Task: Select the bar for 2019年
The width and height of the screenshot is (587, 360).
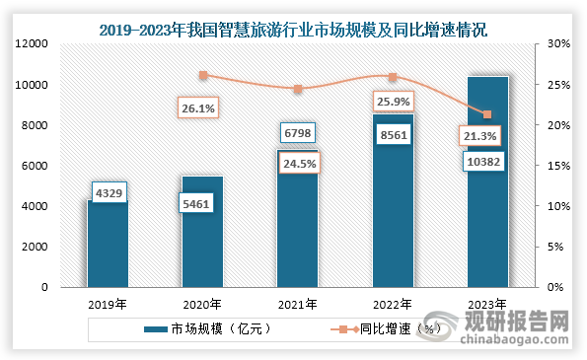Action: point(108,247)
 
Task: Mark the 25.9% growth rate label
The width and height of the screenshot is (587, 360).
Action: point(392,102)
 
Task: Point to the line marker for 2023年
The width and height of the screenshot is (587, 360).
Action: point(487,114)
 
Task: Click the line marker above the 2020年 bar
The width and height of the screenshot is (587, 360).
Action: point(203,75)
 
